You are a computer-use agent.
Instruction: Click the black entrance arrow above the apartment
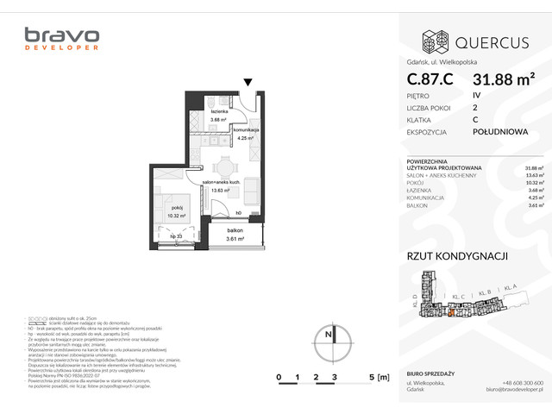pyautogui.click(x=248, y=83)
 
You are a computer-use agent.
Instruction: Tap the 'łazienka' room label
pyautogui.click(x=218, y=111)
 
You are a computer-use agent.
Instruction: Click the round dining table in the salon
pyautogui.click(x=224, y=168)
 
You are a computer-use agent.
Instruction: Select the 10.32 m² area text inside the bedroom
pyautogui.click(x=179, y=216)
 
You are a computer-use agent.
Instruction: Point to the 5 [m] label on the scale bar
pyautogui.click(x=373, y=378)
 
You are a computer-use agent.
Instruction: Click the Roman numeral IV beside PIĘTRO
pyautogui.click(x=477, y=95)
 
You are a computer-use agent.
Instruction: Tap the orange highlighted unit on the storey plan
pyautogui.click(x=449, y=313)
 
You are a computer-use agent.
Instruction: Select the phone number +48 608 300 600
pyautogui.click(x=523, y=383)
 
